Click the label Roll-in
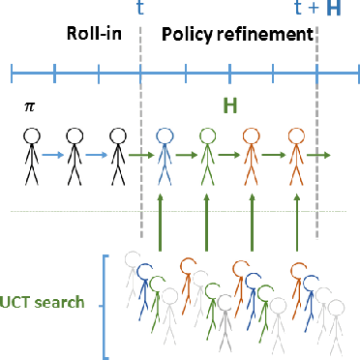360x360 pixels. [x=93, y=35]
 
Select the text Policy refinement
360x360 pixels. [x=237, y=35]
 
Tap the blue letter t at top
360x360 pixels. [x=141, y=10]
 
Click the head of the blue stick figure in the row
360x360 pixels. [x=164, y=136]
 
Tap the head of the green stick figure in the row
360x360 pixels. [x=208, y=136]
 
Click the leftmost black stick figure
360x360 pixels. [x=31, y=155]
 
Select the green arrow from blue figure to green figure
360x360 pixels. [x=186, y=153]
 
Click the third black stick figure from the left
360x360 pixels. [x=118, y=155]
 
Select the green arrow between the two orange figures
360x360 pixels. [x=276, y=153]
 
